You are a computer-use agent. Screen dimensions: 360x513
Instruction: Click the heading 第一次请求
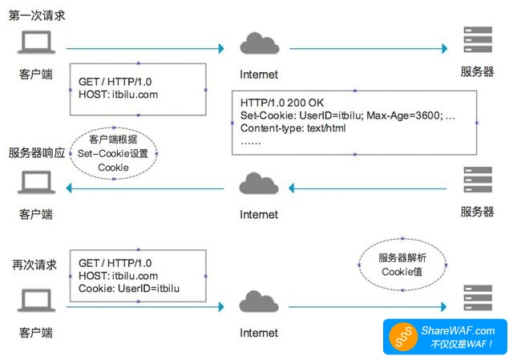coord(36,15)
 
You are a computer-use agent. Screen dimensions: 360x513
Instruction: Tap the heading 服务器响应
coord(36,152)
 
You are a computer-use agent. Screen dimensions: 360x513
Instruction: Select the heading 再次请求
coord(33,264)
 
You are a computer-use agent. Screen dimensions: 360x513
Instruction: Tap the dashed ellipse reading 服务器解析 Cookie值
coord(402,265)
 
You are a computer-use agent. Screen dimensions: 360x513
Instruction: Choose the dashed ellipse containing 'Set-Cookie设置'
coord(113,152)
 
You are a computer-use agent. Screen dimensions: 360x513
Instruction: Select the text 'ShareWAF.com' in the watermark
coord(458,330)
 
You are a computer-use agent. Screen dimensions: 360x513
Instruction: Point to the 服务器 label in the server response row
coord(477,212)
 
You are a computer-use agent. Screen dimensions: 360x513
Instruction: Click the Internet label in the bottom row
coord(259,332)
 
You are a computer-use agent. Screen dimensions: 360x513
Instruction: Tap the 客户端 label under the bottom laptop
coord(36,330)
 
